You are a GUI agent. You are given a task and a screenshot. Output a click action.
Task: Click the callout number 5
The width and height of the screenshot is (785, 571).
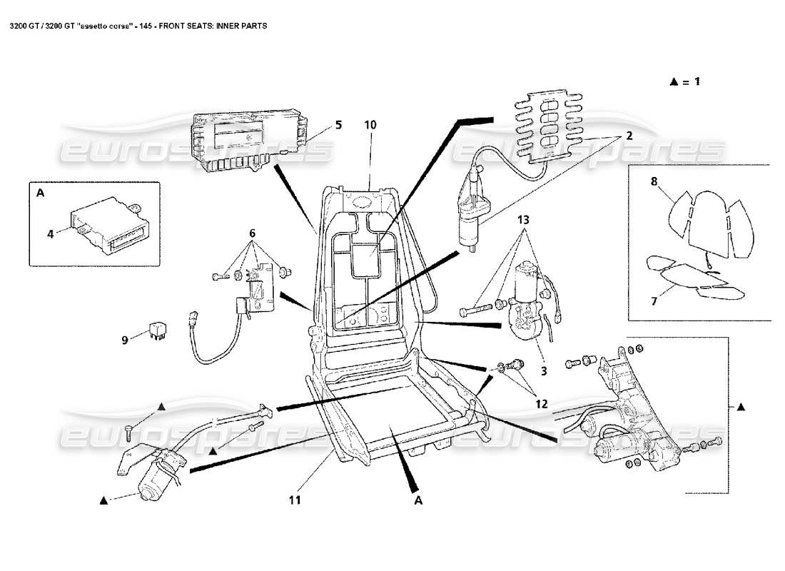(x=338, y=125)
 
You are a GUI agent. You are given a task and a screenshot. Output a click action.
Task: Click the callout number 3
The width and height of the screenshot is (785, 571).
(x=543, y=371)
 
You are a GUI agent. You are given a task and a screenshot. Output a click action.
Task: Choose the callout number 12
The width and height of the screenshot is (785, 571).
(x=541, y=404)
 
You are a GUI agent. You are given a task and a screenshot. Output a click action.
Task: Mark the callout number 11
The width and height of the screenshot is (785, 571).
(x=294, y=500)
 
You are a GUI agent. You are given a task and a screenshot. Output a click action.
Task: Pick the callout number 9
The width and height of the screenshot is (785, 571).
(x=124, y=340)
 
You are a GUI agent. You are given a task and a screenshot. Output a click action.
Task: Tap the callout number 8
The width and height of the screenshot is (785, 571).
(x=653, y=181)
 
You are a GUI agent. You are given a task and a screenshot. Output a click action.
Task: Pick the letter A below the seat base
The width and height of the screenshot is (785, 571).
(x=419, y=500)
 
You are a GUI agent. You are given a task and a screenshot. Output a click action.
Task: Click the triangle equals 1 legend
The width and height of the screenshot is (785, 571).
(x=684, y=81)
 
